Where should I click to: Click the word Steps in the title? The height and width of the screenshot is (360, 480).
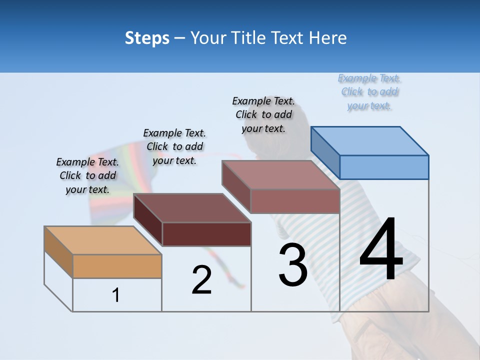(x=147, y=38)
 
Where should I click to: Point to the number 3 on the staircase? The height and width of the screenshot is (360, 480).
(x=293, y=265)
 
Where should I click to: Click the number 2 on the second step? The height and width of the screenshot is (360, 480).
(x=201, y=280)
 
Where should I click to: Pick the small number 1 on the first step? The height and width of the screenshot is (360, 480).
(x=116, y=295)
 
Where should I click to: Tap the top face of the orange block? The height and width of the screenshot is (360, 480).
(x=103, y=240)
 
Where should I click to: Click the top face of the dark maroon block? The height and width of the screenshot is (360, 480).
(x=192, y=207)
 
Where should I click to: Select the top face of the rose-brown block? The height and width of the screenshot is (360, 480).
(x=281, y=175)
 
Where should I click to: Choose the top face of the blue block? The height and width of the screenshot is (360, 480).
(x=370, y=141)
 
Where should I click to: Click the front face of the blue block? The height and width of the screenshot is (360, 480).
(x=384, y=167)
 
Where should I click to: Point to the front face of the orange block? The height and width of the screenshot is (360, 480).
(x=117, y=266)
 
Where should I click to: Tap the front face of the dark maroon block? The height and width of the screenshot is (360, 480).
(x=206, y=234)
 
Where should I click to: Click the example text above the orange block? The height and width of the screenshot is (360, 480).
(x=87, y=175)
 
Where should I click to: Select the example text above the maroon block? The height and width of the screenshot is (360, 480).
(x=174, y=146)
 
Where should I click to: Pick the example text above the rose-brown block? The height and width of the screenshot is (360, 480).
(x=263, y=114)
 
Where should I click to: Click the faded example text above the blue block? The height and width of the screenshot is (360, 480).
(x=369, y=92)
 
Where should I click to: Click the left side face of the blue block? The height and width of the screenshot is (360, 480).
(x=325, y=152)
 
